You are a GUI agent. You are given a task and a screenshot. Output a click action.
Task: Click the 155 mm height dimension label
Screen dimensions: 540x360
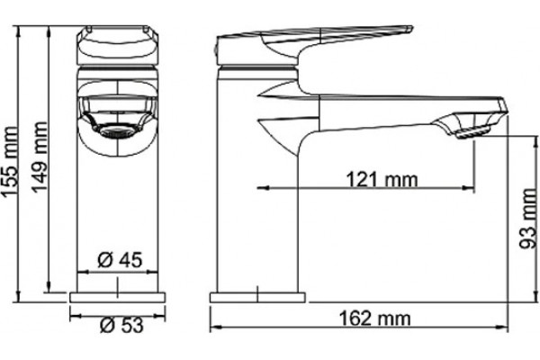9,162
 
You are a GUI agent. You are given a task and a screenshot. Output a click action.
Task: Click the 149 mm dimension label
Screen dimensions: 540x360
39,157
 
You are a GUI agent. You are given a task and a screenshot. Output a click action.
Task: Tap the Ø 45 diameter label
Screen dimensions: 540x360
120,260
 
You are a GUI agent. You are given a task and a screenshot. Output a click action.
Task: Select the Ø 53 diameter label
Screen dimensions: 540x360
121,325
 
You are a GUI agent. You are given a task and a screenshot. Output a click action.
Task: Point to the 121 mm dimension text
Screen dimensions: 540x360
382,180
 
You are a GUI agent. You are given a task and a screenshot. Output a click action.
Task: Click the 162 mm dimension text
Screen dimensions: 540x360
375,319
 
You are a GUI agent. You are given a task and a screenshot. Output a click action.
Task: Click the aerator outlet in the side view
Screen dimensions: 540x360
472,132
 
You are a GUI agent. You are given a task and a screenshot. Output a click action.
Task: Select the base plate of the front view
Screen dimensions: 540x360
117,297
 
